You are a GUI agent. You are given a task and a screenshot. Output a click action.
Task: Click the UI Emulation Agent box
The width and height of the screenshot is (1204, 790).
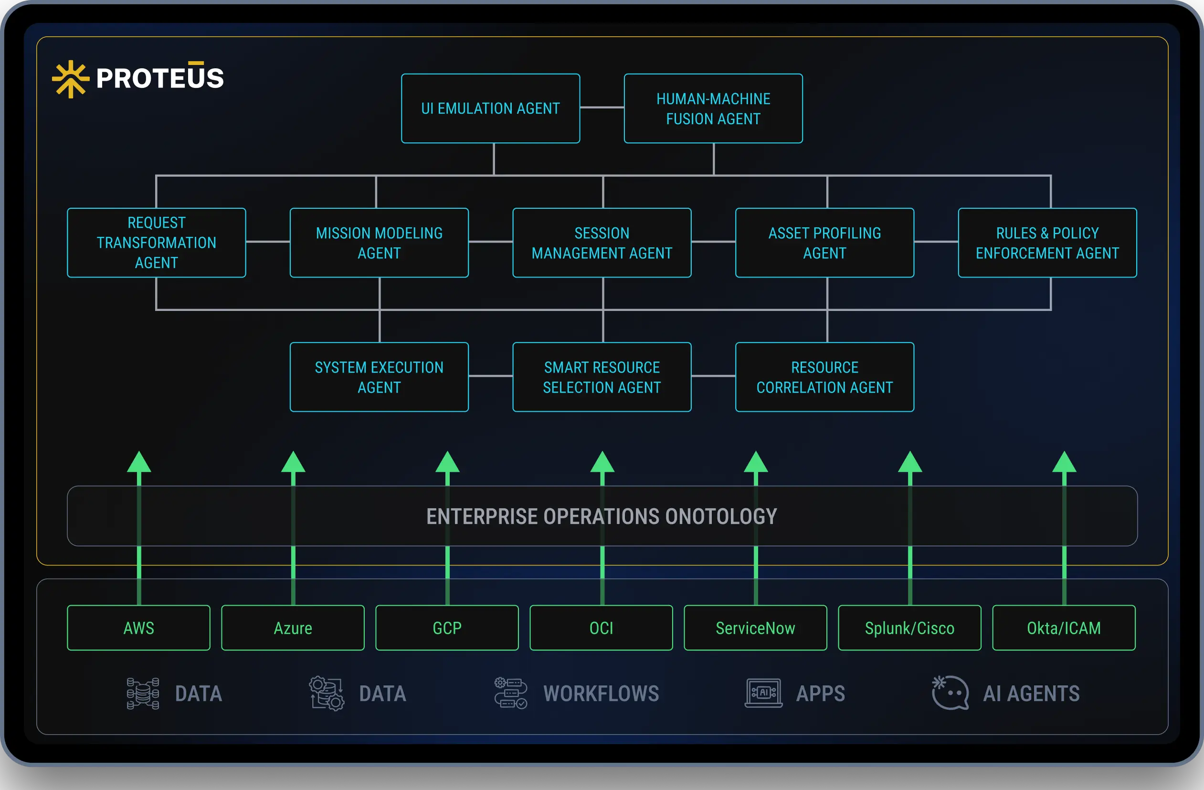490,108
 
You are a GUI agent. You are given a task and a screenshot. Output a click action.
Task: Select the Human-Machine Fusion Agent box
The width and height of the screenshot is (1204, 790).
713,108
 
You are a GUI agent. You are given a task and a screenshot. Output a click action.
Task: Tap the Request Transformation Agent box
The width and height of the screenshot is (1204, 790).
156,243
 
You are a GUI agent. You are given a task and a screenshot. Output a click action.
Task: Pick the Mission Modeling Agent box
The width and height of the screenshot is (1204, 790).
379,243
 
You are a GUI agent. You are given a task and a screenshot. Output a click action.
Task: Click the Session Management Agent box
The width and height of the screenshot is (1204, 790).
602,243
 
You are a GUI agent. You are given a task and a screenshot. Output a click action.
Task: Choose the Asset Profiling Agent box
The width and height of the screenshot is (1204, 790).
824,243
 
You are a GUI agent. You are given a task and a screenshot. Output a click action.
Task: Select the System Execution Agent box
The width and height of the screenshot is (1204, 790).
379,377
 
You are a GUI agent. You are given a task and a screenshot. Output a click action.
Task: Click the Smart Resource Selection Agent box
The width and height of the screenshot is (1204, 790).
602,377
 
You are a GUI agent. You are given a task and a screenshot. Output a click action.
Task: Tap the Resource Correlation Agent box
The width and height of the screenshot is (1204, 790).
824,377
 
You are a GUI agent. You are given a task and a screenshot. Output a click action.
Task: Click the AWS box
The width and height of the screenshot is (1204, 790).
138,628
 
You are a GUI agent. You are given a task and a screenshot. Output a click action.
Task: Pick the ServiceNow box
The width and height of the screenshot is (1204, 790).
755,628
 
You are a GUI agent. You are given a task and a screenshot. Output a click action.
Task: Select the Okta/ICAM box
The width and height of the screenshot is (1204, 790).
1063,628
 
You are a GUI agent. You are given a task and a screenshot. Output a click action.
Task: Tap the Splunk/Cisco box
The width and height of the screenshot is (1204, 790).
909,628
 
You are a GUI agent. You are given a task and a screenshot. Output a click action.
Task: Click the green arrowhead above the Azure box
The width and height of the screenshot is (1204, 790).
293,462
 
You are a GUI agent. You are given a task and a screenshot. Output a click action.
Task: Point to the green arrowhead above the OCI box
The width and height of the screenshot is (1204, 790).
602,462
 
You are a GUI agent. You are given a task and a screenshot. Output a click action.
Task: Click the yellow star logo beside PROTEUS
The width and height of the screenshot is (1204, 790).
71,79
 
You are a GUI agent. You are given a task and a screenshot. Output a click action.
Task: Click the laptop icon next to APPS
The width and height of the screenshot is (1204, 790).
763,693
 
